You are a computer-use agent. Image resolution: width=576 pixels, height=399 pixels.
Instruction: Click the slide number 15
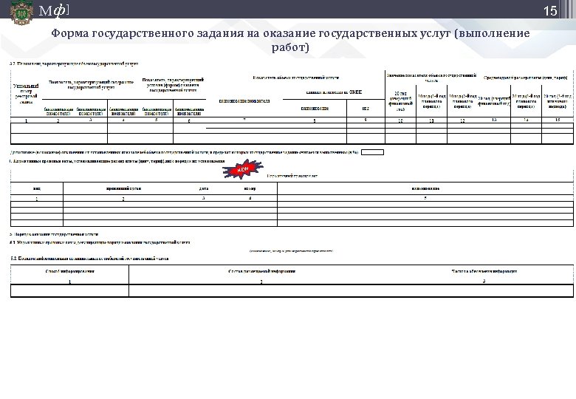549,11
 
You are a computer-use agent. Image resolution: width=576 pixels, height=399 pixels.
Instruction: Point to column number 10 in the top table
400,120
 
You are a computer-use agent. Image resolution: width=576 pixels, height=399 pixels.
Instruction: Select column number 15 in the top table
558,119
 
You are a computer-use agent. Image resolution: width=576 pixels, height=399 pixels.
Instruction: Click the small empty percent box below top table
373,152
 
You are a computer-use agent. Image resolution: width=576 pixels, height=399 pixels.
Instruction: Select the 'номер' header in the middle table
250,188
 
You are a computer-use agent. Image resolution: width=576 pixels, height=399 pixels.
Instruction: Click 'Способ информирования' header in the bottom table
69,271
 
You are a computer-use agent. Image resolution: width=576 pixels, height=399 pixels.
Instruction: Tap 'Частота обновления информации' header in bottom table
483,271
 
